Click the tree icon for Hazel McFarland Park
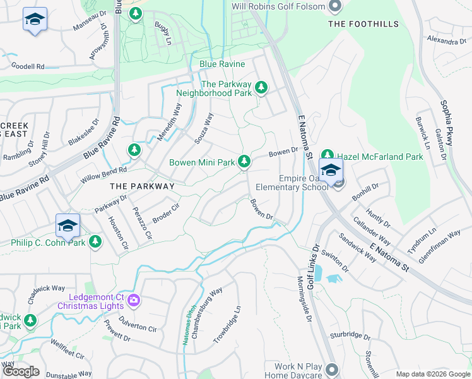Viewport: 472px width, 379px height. tap(327, 155)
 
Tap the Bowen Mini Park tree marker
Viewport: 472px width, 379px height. tap(244, 162)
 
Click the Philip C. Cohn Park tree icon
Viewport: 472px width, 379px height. tap(95, 241)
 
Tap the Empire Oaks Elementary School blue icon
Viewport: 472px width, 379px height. tap(331, 171)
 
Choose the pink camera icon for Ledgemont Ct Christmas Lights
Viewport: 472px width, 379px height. tap(133, 299)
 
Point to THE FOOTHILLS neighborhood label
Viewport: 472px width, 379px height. tap(363, 24)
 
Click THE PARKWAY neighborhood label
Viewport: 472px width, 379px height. tap(142, 186)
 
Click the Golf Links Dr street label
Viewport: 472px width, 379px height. tap(312, 267)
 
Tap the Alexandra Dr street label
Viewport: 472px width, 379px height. tap(446, 40)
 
